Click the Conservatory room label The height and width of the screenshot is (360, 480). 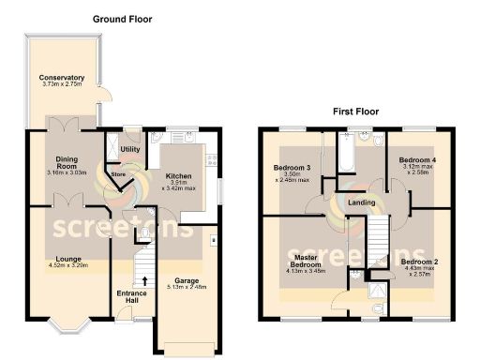pos(62,78)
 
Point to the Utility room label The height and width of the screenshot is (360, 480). pos(129,149)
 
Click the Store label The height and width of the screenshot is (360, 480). pos(118,172)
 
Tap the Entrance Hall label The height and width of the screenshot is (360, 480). pos(131,297)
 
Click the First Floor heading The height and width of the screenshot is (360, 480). pos(355,111)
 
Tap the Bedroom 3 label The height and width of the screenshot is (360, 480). pos(292,169)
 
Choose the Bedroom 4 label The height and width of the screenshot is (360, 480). pos(417,160)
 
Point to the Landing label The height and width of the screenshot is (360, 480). pos(362,202)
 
